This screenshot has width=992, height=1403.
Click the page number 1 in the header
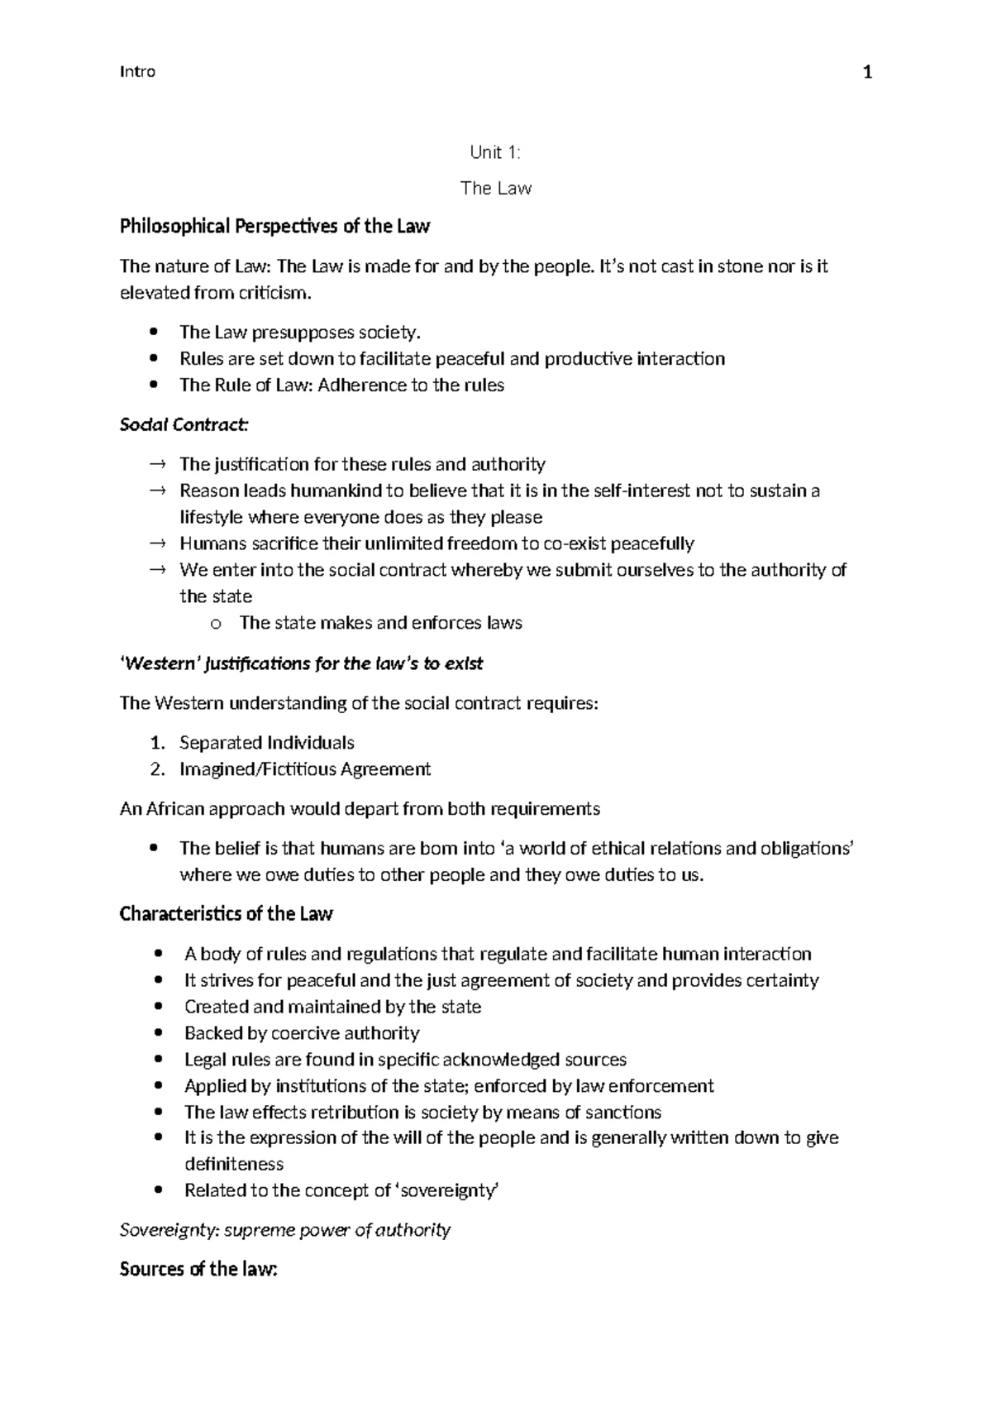(867, 73)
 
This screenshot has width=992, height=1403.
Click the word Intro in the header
(137, 72)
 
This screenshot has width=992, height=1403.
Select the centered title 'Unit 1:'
(495, 152)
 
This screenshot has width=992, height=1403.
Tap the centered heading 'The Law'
(495, 189)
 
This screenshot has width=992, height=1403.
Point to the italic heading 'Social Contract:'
(184, 425)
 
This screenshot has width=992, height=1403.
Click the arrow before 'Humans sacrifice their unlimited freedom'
(157, 543)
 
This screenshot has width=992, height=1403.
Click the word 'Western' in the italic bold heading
(160, 663)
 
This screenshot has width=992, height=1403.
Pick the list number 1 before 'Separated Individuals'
(158, 743)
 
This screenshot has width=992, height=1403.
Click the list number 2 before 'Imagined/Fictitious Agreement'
(158, 769)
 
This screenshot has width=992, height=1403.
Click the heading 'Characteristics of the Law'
(226, 914)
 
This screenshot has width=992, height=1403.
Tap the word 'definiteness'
(234, 1165)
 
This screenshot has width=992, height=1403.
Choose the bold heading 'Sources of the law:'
(198, 1269)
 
